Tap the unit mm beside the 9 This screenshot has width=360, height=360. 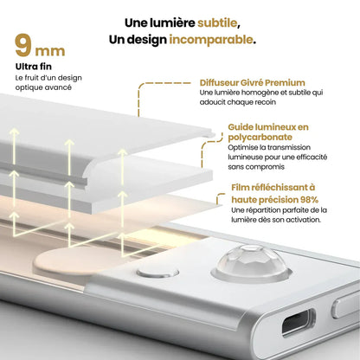click(51, 50)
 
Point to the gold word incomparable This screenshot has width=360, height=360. click(211, 40)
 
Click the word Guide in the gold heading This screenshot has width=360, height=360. click(242, 126)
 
